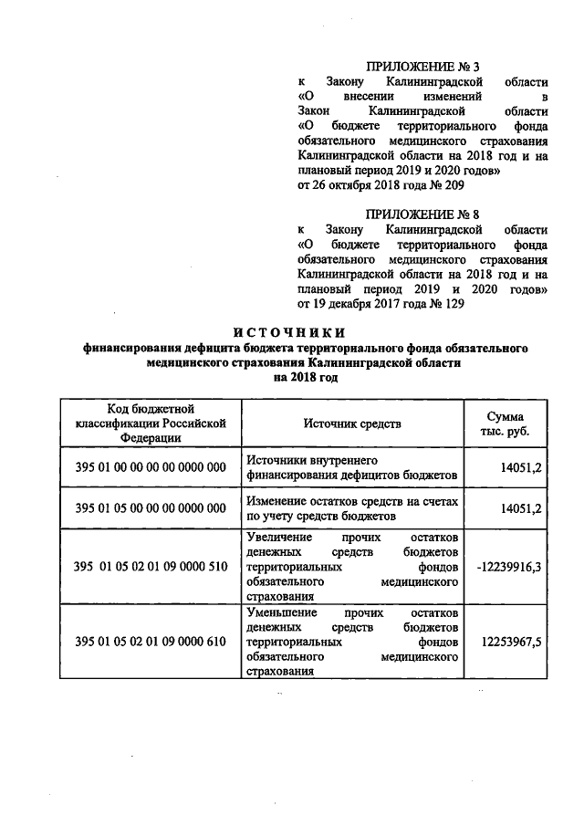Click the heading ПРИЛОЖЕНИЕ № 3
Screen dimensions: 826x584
coord(422,67)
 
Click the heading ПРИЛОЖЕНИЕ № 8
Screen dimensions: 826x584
coord(422,213)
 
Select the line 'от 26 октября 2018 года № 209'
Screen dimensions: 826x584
coord(373,186)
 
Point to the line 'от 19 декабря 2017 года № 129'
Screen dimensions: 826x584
coord(373,305)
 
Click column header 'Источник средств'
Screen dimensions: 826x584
coord(352,423)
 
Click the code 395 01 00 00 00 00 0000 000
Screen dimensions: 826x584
coord(151,467)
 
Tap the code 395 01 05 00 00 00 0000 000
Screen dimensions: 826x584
coord(151,507)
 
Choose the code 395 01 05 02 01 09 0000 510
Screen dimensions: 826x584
coord(151,566)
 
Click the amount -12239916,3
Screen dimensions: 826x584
coord(509,566)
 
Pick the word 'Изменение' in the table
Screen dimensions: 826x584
coord(276,500)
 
